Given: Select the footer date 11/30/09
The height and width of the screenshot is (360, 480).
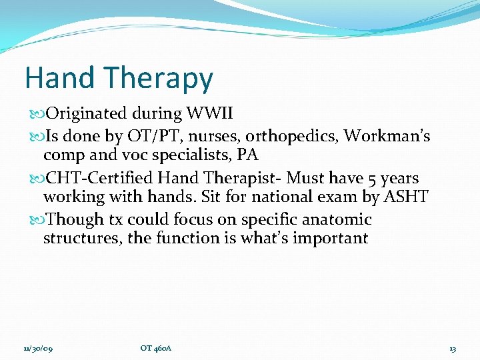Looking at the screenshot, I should coord(37,349).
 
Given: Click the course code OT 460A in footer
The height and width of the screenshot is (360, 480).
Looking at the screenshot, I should coord(156,349).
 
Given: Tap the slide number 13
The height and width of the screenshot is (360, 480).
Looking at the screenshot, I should coord(452,349).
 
